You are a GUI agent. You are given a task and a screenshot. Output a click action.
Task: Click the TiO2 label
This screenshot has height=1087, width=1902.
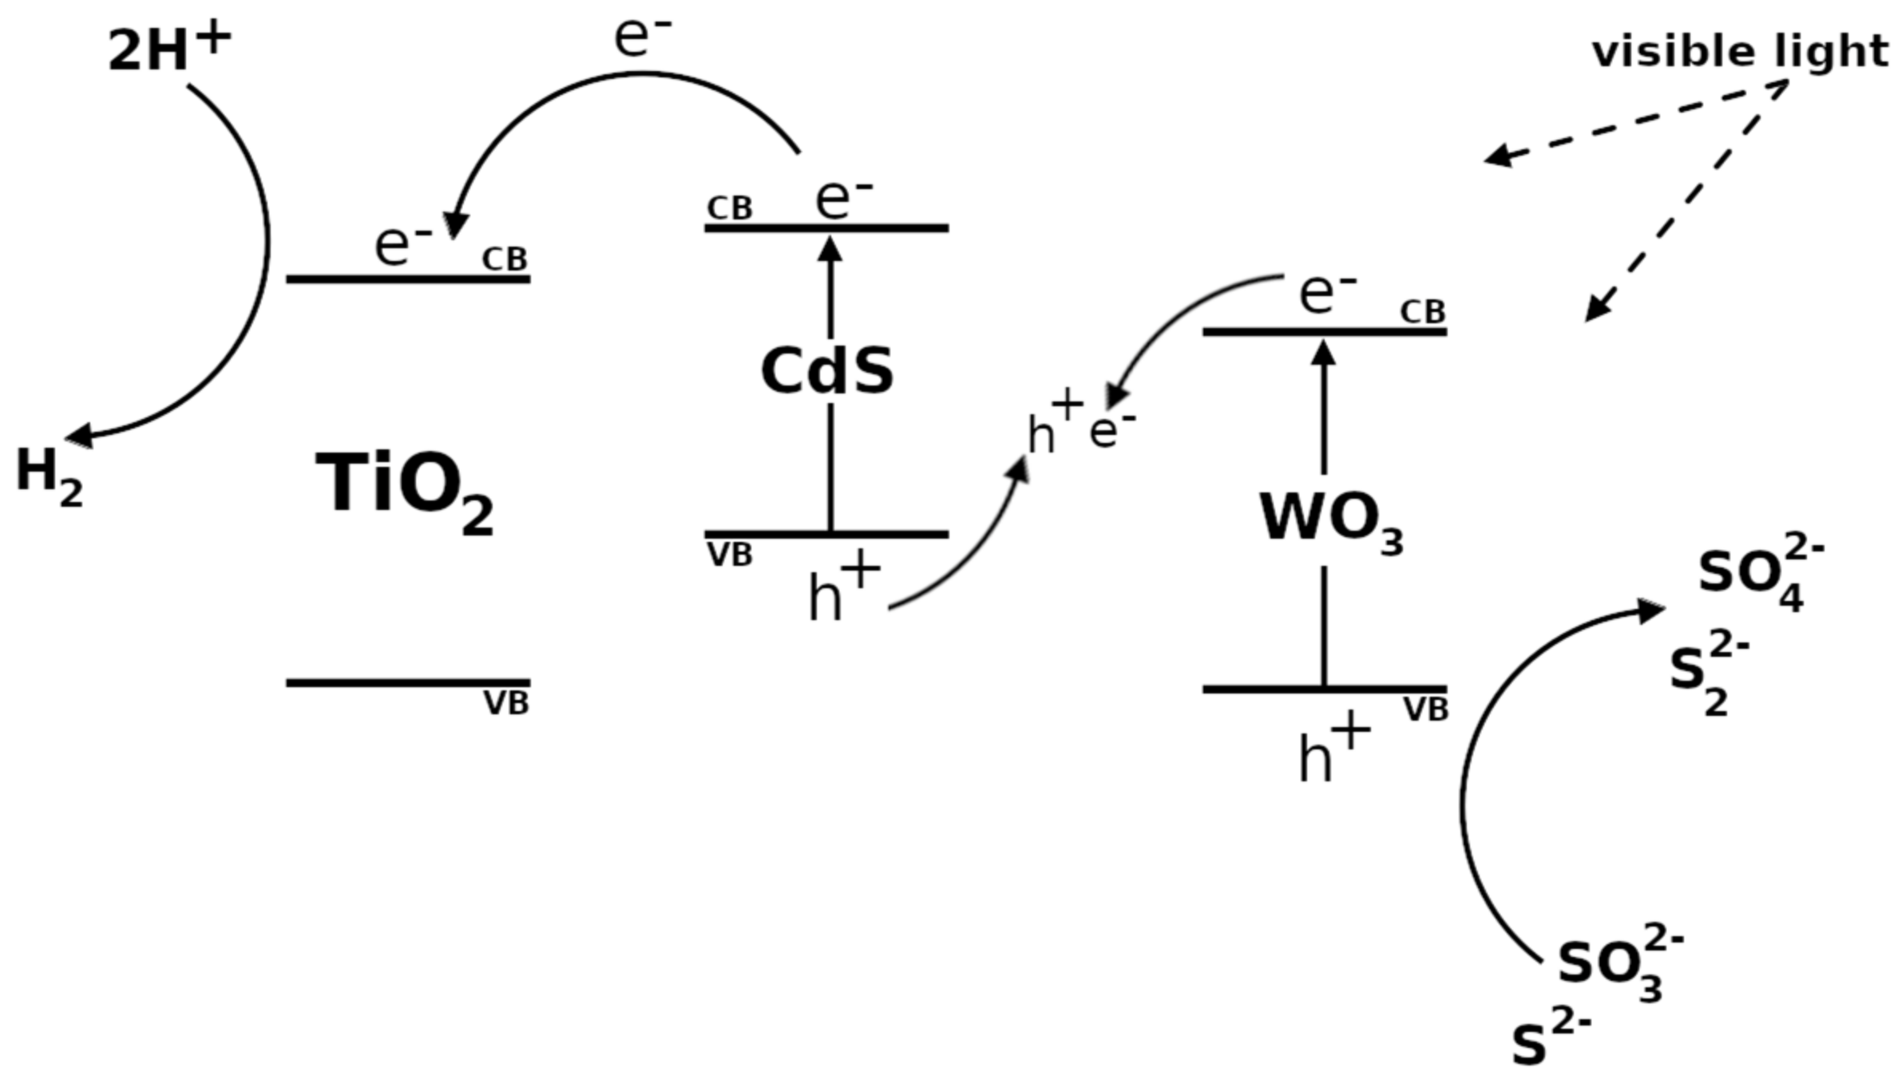[x=404, y=487]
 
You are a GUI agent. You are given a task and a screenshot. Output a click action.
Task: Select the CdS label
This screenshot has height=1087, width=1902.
[x=826, y=372]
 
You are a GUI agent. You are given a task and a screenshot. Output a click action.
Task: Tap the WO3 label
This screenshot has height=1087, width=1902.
[x=1330, y=520]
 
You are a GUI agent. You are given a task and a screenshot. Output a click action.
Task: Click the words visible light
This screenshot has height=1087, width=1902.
[x=1740, y=53]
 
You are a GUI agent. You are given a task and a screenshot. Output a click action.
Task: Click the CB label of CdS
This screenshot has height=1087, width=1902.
[x=729, y=209]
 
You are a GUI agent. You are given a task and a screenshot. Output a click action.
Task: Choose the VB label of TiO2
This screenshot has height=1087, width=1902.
[x=506, y=704]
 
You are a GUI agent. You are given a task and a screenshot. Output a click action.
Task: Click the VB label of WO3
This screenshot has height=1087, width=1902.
[x=1425, y=710]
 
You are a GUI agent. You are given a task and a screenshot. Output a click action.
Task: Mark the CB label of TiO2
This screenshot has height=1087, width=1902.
[x=505, y=259]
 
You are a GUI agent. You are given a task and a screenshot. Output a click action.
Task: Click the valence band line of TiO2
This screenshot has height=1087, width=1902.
[x=408, y=683]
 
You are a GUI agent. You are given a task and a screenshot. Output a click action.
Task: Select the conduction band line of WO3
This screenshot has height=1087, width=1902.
[x=1324, y=332]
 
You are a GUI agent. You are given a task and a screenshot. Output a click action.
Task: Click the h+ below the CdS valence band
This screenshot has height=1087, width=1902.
[x=842, y=591]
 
